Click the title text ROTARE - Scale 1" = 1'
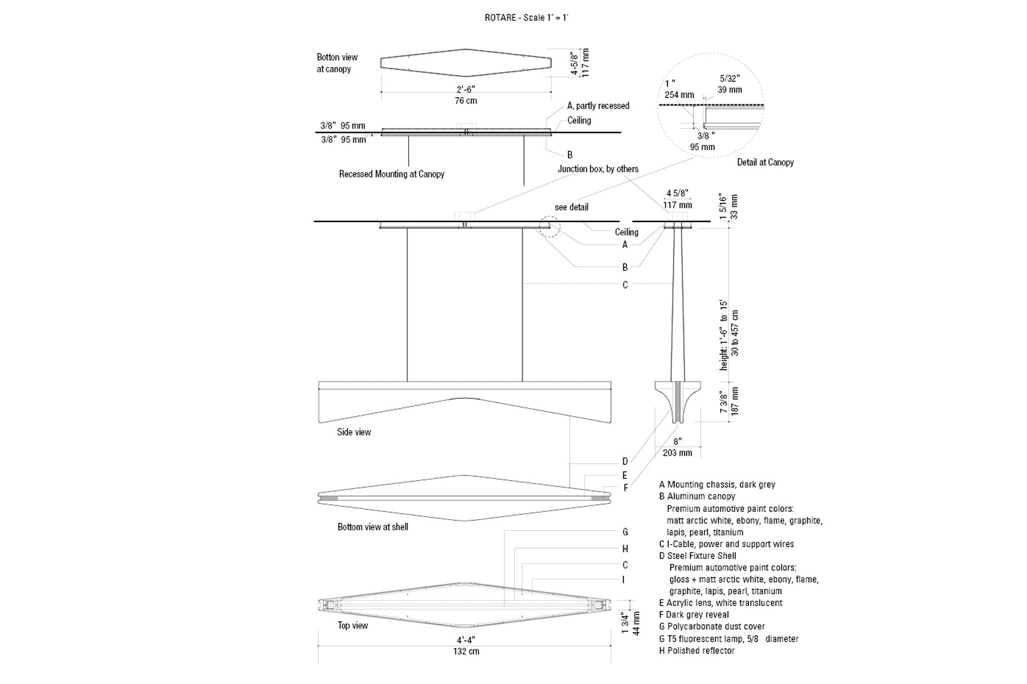pyautogui.click(x=527, y=18)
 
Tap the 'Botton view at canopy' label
pyautogui.click(x=336, y=63)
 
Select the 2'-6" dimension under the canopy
pyautogui.click(x=465, y=89)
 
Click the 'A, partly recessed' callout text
pyautogui.click(x=598, y=106)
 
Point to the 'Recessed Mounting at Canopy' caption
pyautogui.click(x=391, y=174)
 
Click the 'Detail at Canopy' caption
pyautogui.click(x=765, y=162)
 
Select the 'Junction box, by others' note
pyautogui.click(x=598, y=169)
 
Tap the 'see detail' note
pyautogui.click(x=571, y=207)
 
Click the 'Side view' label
pyautogui.click(x=354, y=432)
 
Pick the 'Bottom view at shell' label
pyautogui.click(x=373, y=527)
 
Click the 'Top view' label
pyautogui.click(x=353, y=625)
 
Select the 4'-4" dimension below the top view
pyautogui.click(x=465, y=640)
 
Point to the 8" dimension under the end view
pyautogui.click(x=677, y=441)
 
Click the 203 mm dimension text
pyautogui.click(x=677, y=453)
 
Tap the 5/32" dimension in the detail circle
pyautogui.click(x=729, y=78)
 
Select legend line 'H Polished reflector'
pyautogui.click(x=697, y=650)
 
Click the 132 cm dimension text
pyautogui.click(x=466, y=651)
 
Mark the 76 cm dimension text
pyautogui.click(x=466, y=100)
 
